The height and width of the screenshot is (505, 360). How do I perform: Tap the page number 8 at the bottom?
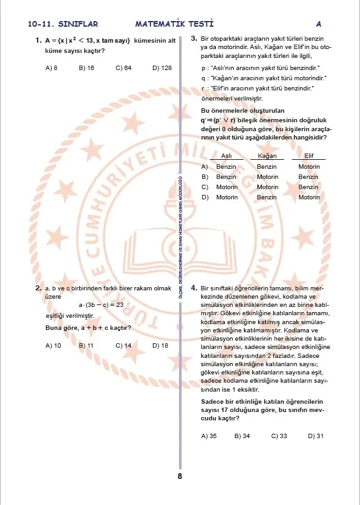(x=180, y=476)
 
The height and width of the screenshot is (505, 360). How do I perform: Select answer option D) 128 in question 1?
(x=162, y=67)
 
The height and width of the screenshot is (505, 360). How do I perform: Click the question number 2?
(x=39, y=288)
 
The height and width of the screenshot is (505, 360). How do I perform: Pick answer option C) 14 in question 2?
(x=123, y=345)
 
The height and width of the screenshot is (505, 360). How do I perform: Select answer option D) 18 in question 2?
(x=160, y=345)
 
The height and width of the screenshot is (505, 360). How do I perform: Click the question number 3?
(x=194, y=39)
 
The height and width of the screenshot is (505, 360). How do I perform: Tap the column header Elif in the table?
(x=308, y=156)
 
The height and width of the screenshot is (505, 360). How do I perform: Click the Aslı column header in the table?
(x=226, y=156)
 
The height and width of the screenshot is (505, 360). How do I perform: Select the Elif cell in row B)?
(x=308, y=177)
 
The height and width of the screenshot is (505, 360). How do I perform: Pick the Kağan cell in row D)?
(x=267, y=197)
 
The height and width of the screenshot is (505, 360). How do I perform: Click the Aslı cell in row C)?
(x=226, y=187)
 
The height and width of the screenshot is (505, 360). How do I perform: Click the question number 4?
(x=194, y=288)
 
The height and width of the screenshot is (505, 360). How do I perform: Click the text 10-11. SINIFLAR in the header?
(x=62, y=24)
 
